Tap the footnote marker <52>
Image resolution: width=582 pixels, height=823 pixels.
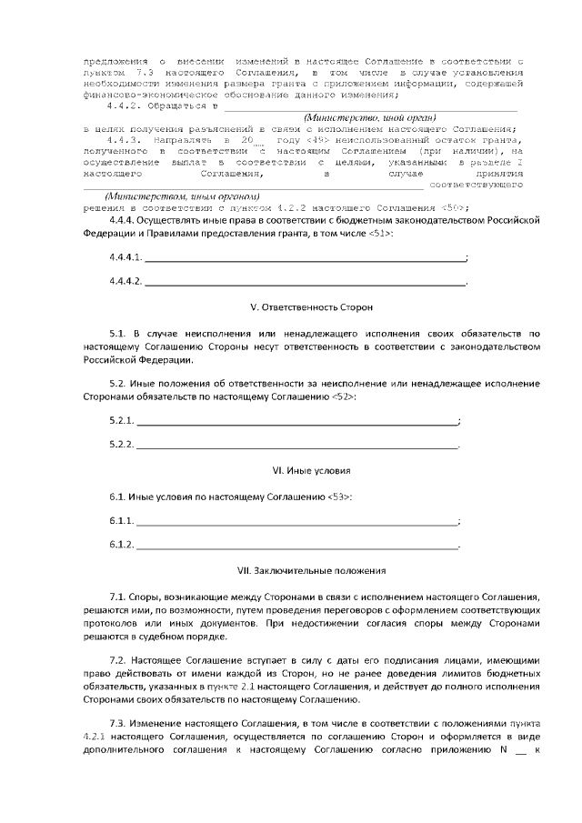coord(343,397)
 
